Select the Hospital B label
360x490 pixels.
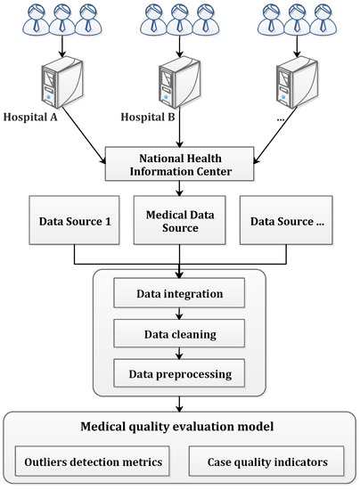(151, 117)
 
